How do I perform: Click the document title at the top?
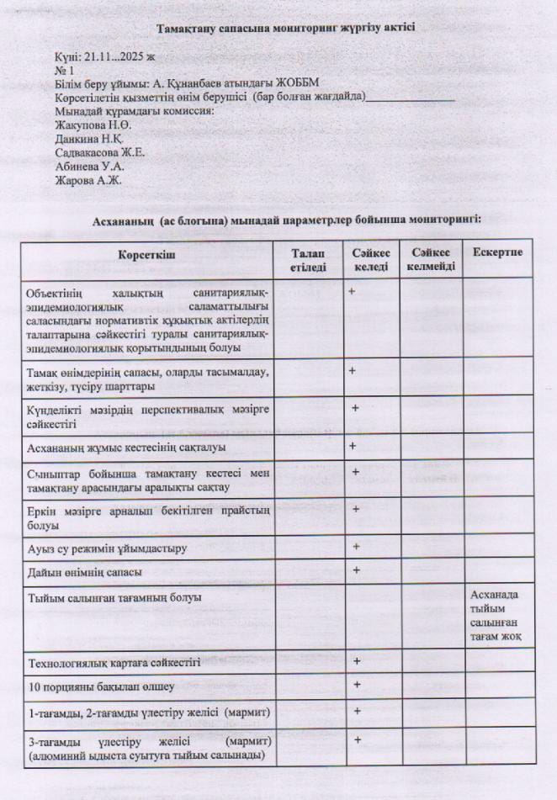[x=285, y=28]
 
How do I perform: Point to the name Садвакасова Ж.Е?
[x=100, y=152]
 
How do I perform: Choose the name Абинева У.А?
[x=91, y=166]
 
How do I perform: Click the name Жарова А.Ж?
[x=88, y=179]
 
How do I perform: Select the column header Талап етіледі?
[x=308, y=260]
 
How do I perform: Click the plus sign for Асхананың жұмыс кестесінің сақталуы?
[x=353, y=446]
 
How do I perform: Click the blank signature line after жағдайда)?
[x=411, y=98]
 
